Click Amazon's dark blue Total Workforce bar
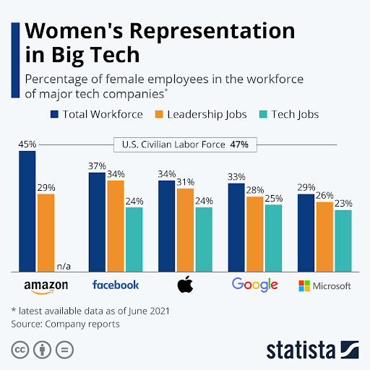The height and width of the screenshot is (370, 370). pyautogui.click(x=27, y=210)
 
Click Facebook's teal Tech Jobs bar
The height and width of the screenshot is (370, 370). pyautogui.click(x=134, y=238)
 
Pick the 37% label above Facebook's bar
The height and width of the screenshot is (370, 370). pyautogui.click(x=98, y=165)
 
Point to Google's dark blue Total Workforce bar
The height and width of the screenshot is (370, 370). pyautogui.click(x=236, y=226)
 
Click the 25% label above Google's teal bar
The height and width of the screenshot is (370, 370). pyautogui.click(x=273, y=198)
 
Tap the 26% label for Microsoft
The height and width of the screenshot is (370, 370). pyautogui.click(x=324, y=194)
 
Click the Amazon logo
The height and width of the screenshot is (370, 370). pyautogui.click(x=46, y=286)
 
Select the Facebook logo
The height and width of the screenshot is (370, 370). pyautogui.click(x=116, y=285)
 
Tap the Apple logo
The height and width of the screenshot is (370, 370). pyautogui.click(x=185, y=284)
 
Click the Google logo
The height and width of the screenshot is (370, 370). pyautogui.click(x=254, y=284)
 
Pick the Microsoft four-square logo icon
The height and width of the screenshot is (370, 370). pyautogui.click(x=305, y=286)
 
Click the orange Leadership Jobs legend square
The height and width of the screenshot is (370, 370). pyautogui.click(x=159, y=114)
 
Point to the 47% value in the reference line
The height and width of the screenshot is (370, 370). pyautogui.click(x=239, y=145)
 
